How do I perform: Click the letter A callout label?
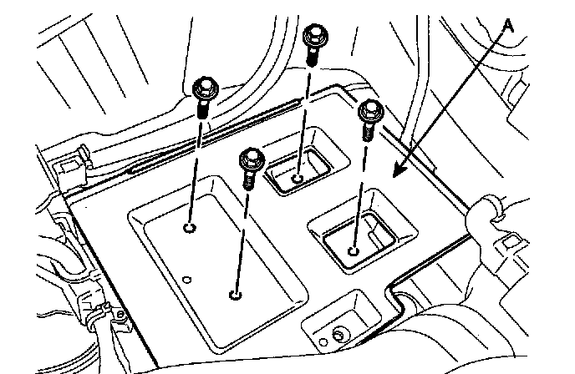508,26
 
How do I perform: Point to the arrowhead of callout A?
395,174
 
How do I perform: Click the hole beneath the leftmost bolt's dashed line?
191,229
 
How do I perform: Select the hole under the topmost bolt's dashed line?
299,177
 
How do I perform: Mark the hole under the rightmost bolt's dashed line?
354,249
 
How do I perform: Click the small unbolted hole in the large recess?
187,279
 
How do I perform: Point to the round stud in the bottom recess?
338,334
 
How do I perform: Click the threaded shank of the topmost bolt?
313,55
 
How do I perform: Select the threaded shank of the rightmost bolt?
367,130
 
